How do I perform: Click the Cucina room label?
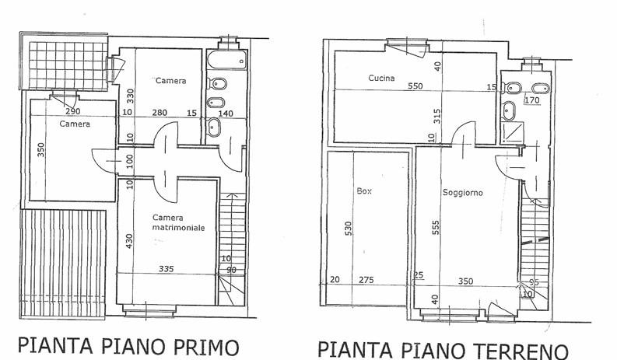click(x=381, y=78)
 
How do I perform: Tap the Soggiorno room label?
click(x=463, y=193)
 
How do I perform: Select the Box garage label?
click(x=364, y=191)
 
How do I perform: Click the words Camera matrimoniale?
click(x=179, y=222)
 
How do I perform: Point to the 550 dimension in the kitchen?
click(x=415, y=86)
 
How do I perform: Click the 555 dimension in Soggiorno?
click(x=436, y=227)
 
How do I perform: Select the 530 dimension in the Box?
click(x=348, y=229)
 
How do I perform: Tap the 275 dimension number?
click(x=366, y=280)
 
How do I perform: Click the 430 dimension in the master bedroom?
click(x=129, y=241)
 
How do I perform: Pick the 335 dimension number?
click(x=166, y=269)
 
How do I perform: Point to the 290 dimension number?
click(x=73, y=111)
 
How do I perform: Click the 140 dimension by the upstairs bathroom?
click(x=226, y=114)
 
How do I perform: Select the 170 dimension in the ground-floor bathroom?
click(x=532, y=100)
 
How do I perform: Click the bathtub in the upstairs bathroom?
click(x=227, y=60)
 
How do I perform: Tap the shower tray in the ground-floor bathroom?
click(x=513, y=132)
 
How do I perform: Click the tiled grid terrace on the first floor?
click(x=68, y=65)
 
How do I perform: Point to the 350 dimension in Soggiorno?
click(x=465, y=281)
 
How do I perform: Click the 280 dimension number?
click(x=160, y=113)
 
